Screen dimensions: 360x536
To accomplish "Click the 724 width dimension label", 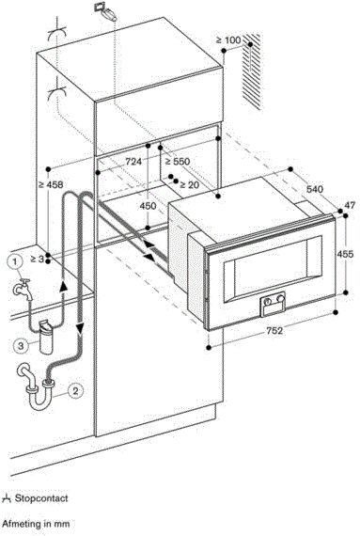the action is (133, 162).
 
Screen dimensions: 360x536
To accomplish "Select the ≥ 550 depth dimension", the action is (178, 162).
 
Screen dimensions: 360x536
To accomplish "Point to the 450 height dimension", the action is (148, 206).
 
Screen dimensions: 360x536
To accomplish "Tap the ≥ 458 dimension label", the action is (51, 184).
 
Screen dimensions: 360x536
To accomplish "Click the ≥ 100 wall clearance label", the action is (228, 40).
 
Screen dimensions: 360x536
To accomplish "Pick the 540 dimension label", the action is (315, 189).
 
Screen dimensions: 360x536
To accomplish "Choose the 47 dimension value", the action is (350, 205).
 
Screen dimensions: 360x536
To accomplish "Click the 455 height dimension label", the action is (345, 254).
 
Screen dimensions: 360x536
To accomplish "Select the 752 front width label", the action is (274, 331).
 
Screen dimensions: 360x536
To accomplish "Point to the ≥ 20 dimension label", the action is (189, 185).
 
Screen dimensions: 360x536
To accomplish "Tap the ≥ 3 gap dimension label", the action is (38, 260).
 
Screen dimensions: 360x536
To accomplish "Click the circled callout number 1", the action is (14, 262).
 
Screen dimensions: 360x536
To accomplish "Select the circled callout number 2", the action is (75, 390).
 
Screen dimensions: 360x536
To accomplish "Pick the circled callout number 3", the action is (22, 346).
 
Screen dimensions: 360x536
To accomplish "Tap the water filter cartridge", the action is (46, 337).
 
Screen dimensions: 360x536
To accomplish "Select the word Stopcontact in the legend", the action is (41, 498).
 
